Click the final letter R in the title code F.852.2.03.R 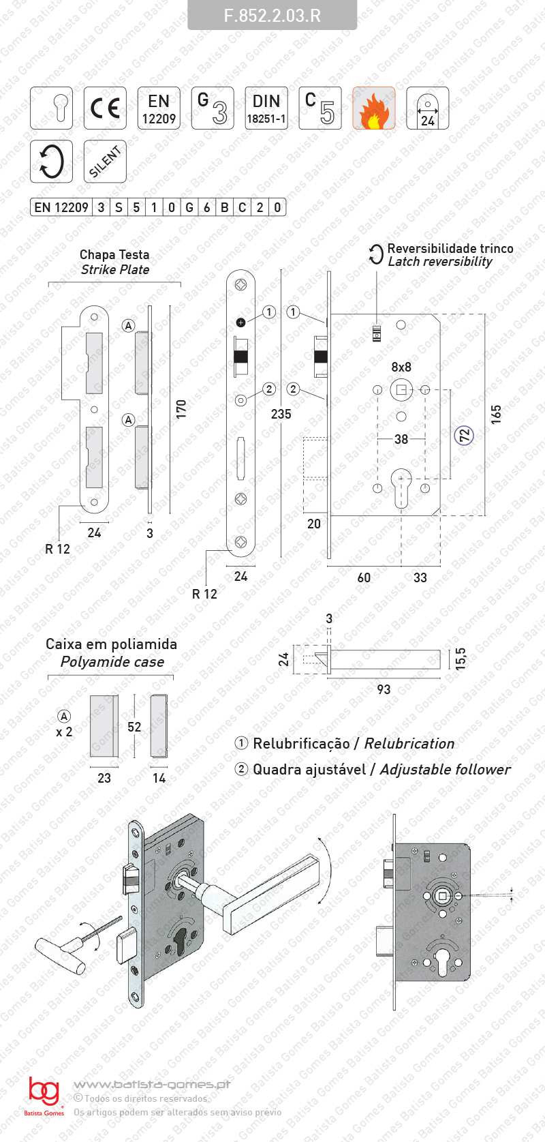coord(315,15)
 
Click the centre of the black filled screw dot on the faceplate coord(241,322)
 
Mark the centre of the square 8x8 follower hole coord(401,390)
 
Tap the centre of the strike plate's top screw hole coord(94,317)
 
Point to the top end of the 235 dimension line coord(281,270)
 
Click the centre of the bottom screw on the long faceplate coord(241,542)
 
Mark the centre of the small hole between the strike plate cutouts coord(94,409)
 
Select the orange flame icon coord(374,108)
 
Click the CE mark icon coord(105,108)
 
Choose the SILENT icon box coord(105,161)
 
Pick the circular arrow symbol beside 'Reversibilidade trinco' coord(376,254)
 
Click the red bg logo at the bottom coord(44,1092)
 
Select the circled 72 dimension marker coord(464,436)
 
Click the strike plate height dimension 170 coord(181,409)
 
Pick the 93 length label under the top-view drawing coord(384,689)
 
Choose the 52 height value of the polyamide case coord(134,727)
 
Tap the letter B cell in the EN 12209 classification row coord(225,207)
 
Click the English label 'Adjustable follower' coord(445,769)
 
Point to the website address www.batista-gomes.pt coord(152,1085)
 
